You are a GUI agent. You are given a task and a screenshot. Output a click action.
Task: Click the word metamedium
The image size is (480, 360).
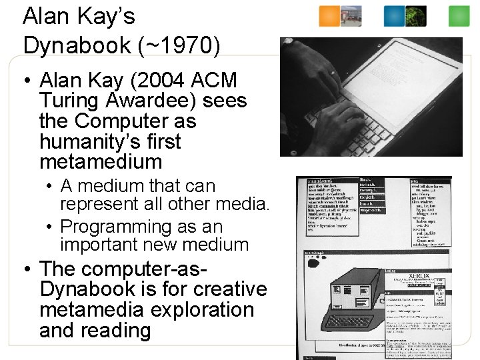101,162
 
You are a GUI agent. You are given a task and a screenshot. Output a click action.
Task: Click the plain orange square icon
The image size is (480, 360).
329,17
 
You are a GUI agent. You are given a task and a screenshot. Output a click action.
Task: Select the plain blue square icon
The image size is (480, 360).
395,17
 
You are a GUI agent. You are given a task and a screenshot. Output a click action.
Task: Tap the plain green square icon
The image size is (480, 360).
459,17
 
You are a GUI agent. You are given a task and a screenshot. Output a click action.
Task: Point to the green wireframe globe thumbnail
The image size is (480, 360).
416,17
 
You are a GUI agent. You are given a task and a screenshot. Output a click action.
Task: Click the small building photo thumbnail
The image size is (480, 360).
351,17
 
